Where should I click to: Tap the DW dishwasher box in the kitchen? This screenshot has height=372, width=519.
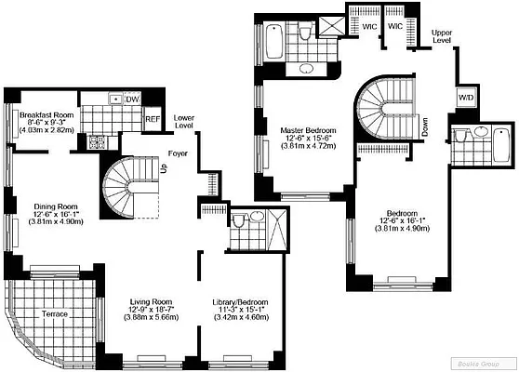[132, 99]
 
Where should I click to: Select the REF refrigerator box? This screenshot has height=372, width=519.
[153, 119]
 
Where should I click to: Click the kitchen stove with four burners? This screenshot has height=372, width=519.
[96, 141]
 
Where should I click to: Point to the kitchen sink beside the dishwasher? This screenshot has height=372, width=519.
[113, 99]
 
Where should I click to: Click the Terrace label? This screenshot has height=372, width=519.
[55, 314]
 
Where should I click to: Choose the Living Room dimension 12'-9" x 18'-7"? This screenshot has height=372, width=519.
[153, 317]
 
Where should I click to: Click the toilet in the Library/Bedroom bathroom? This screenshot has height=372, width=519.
[239, 220]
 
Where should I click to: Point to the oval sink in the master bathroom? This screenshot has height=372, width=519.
[308, 70]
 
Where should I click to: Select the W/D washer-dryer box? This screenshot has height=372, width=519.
[464, 98]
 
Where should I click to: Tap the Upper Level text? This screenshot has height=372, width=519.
[442, 37]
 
